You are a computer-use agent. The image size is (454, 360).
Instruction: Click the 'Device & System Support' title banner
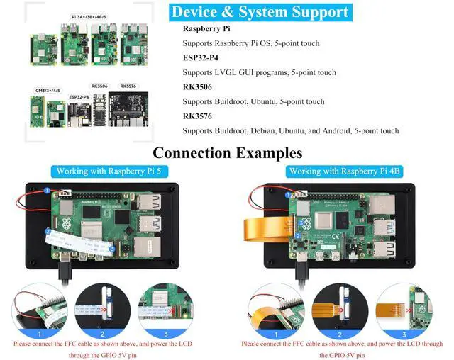[261, 12]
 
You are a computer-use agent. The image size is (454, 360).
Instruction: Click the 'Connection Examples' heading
[227, 152]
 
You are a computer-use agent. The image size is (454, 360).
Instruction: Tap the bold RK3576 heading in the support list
[196, 116]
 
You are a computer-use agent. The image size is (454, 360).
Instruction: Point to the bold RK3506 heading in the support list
[196, 87]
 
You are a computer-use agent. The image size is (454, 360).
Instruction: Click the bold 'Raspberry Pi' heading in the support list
[206, 29]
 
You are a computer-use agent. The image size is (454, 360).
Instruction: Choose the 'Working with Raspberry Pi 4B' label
[344, 171]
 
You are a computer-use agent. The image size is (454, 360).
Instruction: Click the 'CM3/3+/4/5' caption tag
[48, 91]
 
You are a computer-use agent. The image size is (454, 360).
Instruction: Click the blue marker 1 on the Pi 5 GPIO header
[48, 191]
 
